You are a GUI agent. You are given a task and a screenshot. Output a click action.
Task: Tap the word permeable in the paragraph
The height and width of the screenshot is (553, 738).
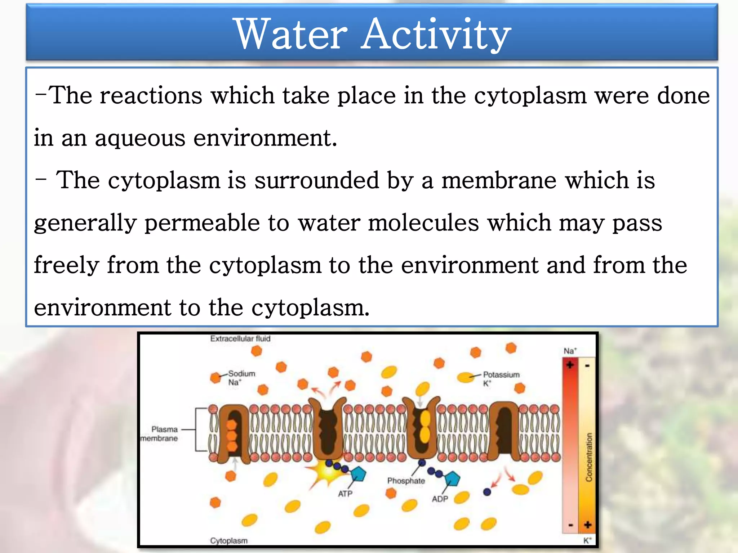pyautogui.click(x=202, y=223)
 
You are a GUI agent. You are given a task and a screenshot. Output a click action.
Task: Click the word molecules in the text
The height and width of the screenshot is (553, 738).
pyautogui.click(x=424, y=222)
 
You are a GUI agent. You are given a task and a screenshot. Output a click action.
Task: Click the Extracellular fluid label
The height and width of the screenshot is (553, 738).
pyautogui.click(x=240, y=339)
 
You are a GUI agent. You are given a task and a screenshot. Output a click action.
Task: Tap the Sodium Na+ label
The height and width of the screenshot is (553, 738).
pyautogui.click(x=241, y=378)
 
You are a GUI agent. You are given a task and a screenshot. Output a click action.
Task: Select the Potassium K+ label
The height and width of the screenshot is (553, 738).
pyautogui.click(x=501, y=378)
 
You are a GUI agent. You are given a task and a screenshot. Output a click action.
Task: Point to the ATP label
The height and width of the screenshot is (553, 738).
pyautogui.click(x=345, y=494)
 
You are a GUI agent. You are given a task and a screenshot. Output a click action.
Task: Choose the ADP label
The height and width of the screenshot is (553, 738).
pyautogui.click(x=440, y=499)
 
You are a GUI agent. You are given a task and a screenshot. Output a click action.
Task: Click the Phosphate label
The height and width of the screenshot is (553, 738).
pyautogui.click(x=406, y=481)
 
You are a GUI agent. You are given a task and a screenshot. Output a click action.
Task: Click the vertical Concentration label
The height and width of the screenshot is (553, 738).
pyautogui.click(x=589, y=457)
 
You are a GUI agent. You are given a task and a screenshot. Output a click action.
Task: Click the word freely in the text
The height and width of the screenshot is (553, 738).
pyautogui.click(x=66, y=266)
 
